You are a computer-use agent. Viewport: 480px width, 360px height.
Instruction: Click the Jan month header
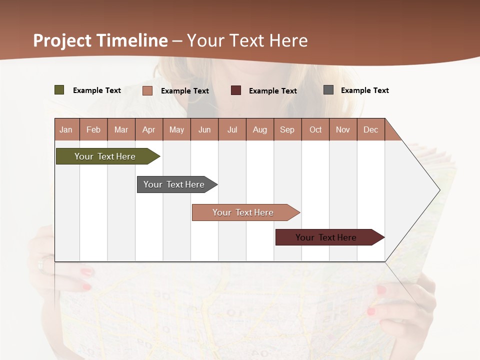pyautogui.click(x=66, y=129)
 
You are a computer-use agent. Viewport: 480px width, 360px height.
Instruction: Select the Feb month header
pyautogui.click(x=93, y=129)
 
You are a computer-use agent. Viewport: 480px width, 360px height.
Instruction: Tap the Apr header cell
pyautogui.click(x=149, y=129)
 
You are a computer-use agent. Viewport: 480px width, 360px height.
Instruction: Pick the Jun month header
pyautogui.click(x=204, y=129)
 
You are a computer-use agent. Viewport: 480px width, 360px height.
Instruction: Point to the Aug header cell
pyautogui.click(x=260, y=129)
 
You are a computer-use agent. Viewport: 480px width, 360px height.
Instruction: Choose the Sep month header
pyautogui.click(x=287, y=129)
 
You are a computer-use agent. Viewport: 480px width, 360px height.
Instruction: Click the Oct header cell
pyautogui.click(x=315, y=129)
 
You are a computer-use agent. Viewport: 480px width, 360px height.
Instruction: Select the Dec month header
pyautogui.click(x=371, y=129)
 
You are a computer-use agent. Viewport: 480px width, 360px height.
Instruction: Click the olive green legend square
pyautogui.click(x=59, y=90)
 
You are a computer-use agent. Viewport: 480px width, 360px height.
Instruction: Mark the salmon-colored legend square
pyautogui.click(x=147, y=90)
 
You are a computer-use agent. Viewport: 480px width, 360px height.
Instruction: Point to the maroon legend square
pyautogui.click(x=236, y=90)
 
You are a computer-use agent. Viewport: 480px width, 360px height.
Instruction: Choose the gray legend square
pyautogui.click(x=328, y=90)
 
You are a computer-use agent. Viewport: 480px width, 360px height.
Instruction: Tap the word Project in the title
pyautogui.click(x=62, y=40)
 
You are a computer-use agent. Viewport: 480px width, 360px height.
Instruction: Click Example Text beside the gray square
pyautogui.click(x=364, y=90)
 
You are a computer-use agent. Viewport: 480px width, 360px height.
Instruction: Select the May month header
pyautogui.click(x=176, y=129)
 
